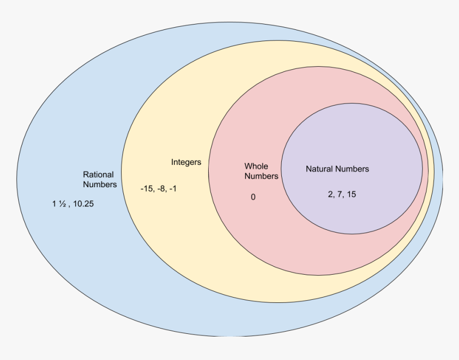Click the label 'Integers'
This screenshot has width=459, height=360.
coord(186,162)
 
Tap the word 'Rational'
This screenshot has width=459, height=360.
coord(98,174)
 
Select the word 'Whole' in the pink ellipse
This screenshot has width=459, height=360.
coord(256,166)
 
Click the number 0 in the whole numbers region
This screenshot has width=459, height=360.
coord(253,197)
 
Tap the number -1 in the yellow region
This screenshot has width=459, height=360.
coord(173,189)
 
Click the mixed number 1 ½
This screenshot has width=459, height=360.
coord(59,204)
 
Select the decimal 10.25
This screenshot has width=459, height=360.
coord(83,204)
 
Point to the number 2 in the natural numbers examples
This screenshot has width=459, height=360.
coord(331,195)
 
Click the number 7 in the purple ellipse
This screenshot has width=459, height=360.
coord(340,195)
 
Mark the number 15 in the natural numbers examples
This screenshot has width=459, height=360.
coord(351,195)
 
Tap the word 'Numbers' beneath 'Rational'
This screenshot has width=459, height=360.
coord(100,185)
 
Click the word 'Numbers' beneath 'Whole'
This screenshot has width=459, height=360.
coord(262,176)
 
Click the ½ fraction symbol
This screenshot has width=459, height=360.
coord(62,204)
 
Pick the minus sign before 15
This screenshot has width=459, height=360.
coord(142,189)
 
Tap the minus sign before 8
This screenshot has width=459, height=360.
coord(159,189)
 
